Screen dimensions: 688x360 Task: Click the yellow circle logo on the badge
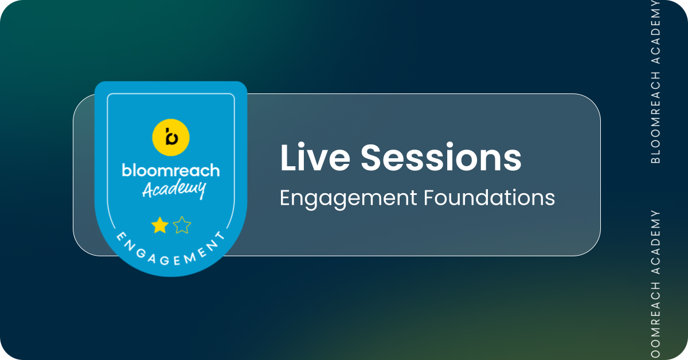[171, 138]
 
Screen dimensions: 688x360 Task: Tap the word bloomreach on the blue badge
[171, 170]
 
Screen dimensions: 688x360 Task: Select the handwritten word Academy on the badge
[174, 190]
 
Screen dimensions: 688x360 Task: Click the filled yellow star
[160, 225]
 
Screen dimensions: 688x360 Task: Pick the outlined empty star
[182, 225]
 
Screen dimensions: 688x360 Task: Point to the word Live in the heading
[315, 157]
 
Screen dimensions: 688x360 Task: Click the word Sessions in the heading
[441, 157]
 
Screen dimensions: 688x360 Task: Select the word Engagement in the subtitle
[349, 199]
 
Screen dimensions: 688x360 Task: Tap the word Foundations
[490, 198]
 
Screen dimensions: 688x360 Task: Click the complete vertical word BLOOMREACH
[655, 118]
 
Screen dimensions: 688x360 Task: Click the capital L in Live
[289, 157]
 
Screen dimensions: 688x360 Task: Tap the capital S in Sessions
[372, 157]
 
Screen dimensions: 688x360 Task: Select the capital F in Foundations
[430, 198]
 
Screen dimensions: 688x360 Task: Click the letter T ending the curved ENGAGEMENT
[220, 236]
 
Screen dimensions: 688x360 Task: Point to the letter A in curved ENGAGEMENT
[153, 259]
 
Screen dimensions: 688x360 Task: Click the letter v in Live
[321, 161]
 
